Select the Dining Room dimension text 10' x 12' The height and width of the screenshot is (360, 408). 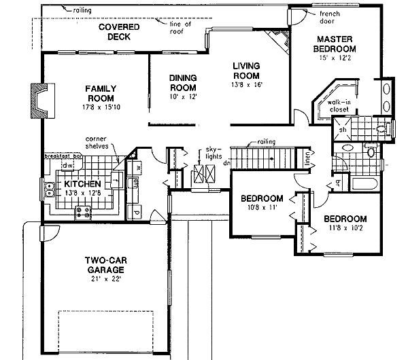point(182,97)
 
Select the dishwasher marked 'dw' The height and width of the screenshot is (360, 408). point(67,164)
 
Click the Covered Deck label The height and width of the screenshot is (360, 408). point(118,32)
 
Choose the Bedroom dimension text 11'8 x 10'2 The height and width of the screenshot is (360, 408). point(344,229)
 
